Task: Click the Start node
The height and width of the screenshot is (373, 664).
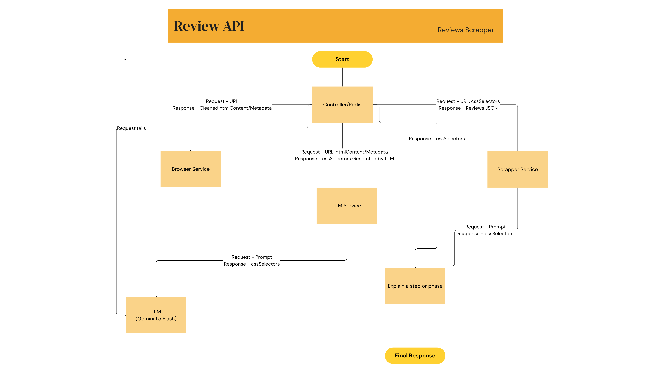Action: click(x=342, y=59)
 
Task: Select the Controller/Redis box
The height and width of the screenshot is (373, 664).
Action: click(x=342, y=105)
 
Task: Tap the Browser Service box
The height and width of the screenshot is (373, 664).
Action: click(x=190, y=169)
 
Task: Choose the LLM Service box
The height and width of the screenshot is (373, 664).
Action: click(x=346, y=205)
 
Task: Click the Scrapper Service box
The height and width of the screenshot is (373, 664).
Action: click(x=517, y=169)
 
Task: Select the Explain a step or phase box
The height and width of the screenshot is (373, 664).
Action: click(x=415, y=286)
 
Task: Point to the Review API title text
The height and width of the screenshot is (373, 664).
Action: click(x=209, y=26)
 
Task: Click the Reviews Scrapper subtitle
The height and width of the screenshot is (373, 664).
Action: click(x=466, y=30)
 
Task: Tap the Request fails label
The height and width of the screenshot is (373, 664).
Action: click(x=131, y=128)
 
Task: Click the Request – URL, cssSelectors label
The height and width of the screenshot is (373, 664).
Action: click(x=468, y=101)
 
